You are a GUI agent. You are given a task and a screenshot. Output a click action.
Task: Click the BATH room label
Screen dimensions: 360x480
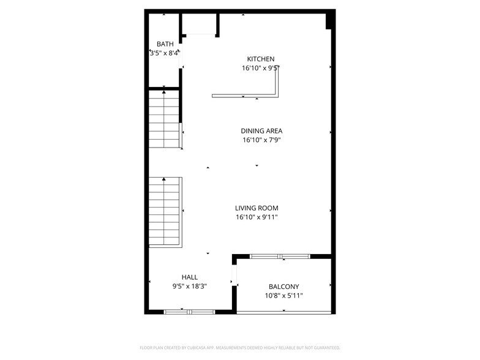(165, 44)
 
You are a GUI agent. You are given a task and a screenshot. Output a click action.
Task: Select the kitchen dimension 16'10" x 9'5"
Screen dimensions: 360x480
(261, 69)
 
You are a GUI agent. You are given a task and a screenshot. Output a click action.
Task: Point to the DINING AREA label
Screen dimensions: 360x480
(261, 131)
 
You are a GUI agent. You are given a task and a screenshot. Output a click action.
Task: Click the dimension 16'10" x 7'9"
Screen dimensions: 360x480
(261, 140)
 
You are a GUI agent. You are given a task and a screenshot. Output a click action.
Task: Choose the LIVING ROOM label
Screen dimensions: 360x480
(257, 208)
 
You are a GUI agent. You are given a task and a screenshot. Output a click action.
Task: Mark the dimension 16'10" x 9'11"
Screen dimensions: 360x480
(257, 217)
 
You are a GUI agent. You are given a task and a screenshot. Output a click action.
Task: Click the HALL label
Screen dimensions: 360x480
(189, 277)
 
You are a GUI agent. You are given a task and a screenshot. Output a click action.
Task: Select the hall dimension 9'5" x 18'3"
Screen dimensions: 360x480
(189, 286)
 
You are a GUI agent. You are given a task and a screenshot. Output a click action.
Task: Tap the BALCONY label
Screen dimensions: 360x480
(283, 287)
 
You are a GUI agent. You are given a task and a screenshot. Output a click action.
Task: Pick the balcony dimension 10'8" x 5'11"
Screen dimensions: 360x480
(283, 296)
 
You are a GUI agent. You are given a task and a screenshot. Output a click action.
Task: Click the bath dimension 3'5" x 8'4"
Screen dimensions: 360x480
(165, 53)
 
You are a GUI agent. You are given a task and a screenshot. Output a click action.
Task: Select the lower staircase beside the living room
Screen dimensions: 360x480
(165, 212)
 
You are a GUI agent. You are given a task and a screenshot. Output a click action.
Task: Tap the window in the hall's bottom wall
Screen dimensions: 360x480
(189, 312)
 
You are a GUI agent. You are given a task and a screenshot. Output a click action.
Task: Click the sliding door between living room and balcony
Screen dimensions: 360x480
(280, 256)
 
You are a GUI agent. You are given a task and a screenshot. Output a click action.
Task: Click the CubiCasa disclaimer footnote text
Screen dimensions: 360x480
(239, 348)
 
